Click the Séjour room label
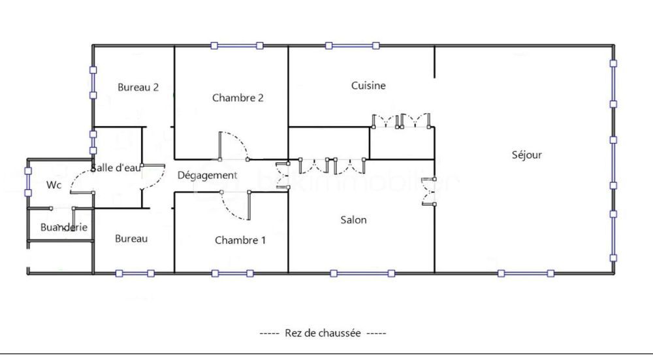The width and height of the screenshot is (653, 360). pos(527,155)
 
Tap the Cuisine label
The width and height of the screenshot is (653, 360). pos(368,86)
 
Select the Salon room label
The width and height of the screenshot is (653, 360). pos(353,220)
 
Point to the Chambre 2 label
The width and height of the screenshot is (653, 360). pos(238,98)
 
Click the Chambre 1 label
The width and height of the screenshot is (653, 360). pos(240,240)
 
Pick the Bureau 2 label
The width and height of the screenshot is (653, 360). pos(138,87)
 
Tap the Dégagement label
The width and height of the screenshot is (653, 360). pos(207,175)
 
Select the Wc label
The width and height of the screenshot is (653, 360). pos(54,185)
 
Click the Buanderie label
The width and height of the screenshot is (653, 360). pos(63,227)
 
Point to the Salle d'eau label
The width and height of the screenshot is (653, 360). pos(116,167)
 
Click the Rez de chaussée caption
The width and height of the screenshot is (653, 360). pos(323,333)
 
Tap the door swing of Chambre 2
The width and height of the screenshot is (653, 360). pos(232,145)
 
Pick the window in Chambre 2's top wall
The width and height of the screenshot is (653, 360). pos(236,46)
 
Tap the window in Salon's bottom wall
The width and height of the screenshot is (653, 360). pos(362,273)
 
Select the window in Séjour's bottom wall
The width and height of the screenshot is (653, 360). pos(526,273)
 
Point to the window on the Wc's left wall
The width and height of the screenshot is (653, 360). pos(27,182)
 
